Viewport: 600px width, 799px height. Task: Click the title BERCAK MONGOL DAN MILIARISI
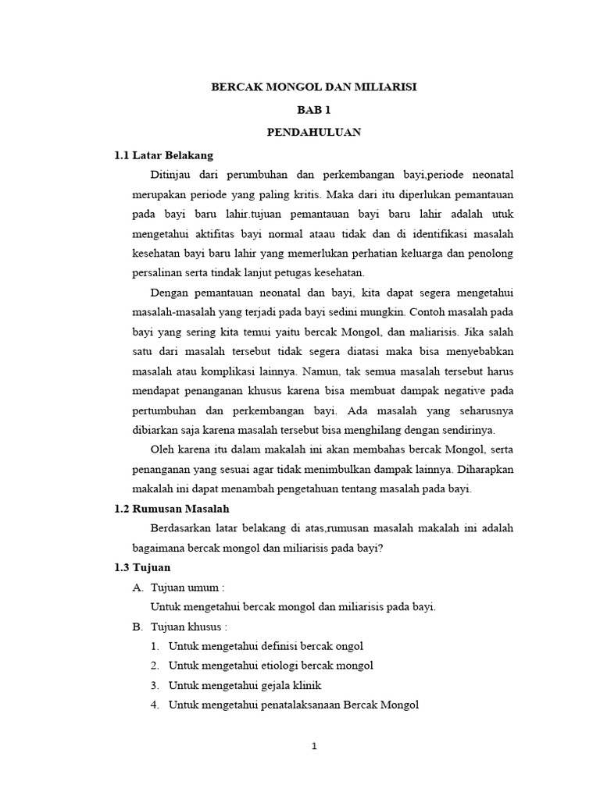click(314, 87)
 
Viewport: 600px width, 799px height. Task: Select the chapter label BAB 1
click(314, 111)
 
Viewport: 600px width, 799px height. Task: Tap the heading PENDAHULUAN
click(314, 133)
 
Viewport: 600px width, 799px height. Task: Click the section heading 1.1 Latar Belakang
click(163, 154)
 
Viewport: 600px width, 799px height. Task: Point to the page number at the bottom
click(314, 746)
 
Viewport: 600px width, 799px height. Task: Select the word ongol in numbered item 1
click(348, 646)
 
